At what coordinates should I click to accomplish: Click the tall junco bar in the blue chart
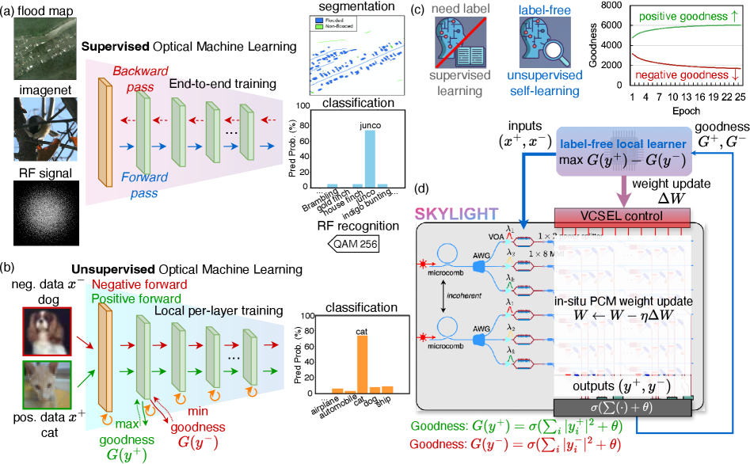368,158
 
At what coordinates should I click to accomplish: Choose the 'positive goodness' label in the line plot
680,16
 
